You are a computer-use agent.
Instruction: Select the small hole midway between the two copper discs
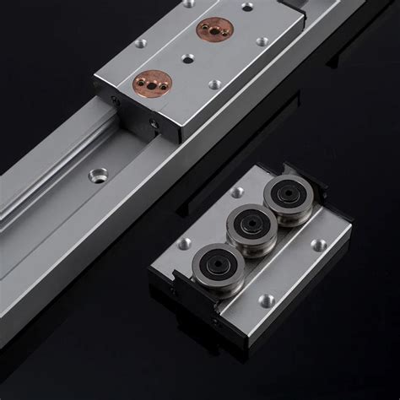pyautogui.click(x=186, y=58)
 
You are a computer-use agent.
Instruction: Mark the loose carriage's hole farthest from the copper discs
pyautogui.click(x=268, y=298)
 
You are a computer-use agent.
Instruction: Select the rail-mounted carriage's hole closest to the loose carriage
pyautogui.click(x=216, y=85)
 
